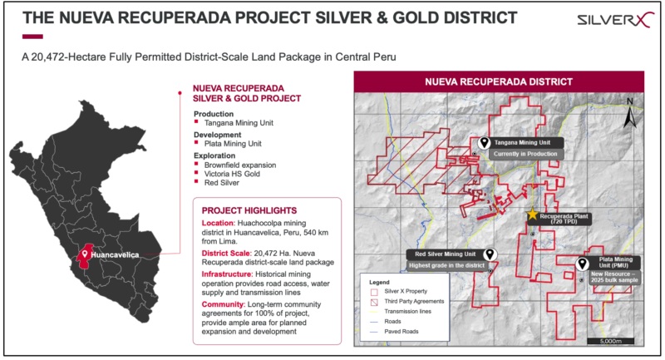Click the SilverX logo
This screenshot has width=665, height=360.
point(613,20)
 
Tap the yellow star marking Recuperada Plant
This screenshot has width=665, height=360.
point(532,215)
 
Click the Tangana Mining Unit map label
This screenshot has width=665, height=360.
point(522,142)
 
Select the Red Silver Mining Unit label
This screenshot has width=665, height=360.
point(446,254)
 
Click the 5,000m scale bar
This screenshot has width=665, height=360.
point(611,341)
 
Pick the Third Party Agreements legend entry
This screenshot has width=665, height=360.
point(408,302)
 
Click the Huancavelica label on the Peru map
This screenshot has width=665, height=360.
point(115,255)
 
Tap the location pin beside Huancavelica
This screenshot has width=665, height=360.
point(85,254)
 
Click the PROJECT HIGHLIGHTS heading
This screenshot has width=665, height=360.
point(249,210)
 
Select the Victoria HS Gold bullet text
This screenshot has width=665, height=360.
point(232,174)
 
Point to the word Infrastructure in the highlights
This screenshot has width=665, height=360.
point(227,274)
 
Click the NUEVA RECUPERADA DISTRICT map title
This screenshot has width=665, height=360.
point(499,81)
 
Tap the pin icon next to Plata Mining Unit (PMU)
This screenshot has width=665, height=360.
point(583,264)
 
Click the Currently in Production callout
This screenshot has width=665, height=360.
point(525,154)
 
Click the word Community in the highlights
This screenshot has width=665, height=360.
point(223,304)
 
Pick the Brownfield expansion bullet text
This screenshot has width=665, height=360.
point(240,165)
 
